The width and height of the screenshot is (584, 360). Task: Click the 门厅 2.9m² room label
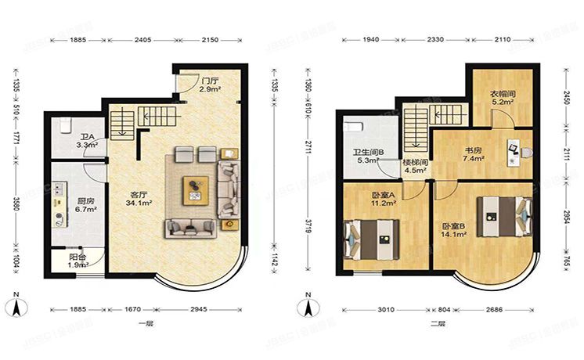pyautogui.click(x=208, y=85)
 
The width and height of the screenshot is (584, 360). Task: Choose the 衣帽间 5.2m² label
pyautogui.click(x=503, y=97)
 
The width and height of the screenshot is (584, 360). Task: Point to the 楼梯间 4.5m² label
pyautogui.click(x=414, y=167)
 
